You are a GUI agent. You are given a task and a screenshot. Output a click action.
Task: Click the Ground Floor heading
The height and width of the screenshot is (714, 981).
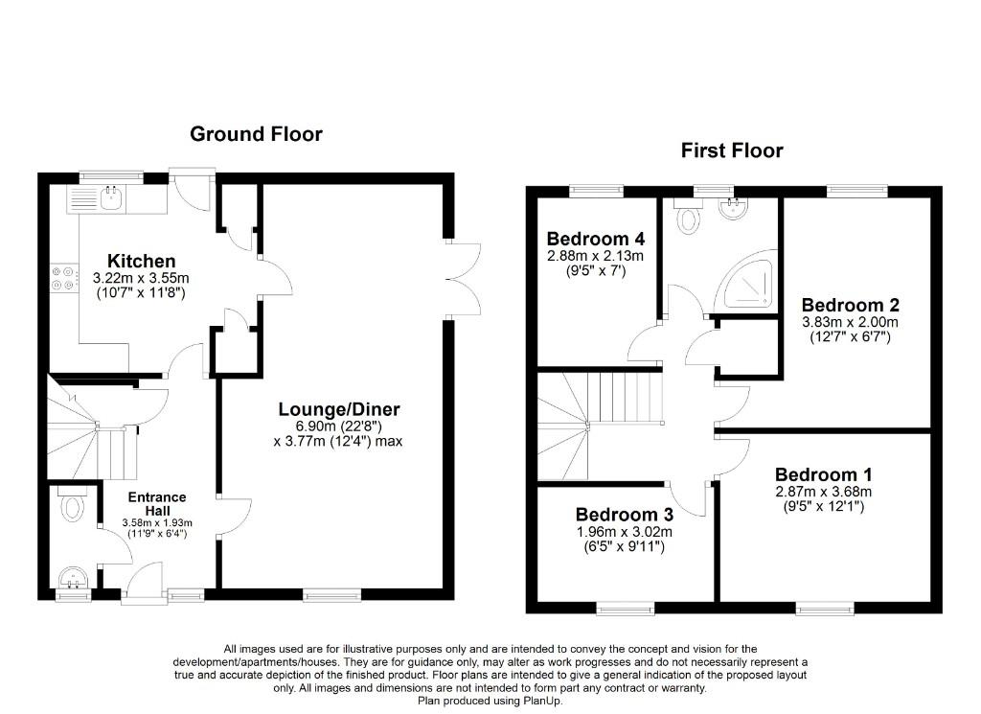[x=256, y=134]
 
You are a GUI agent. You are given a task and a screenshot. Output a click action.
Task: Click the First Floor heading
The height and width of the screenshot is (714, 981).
[x=732, y=150]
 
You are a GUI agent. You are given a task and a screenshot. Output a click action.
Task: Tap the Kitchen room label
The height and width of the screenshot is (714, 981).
[x=141, y=261]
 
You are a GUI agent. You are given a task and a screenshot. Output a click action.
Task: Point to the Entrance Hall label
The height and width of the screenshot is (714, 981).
[x=158, y=504]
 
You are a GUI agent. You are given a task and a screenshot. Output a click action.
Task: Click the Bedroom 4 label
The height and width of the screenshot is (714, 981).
[x=594, y=239]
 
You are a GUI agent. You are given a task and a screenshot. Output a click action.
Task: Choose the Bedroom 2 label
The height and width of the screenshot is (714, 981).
[x=851, y=306]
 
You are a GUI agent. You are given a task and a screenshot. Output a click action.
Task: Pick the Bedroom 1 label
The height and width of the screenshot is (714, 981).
[x=824, y=474]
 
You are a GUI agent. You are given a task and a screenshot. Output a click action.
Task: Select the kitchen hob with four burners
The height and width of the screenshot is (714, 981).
[x=64, y=277]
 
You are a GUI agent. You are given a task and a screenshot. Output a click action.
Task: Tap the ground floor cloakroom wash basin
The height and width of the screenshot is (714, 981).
[x=73, y=578]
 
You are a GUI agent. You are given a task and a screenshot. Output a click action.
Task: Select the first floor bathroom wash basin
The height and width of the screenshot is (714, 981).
[x=737, y=210]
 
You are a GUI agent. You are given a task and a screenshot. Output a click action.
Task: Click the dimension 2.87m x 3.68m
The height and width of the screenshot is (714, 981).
[x=824, y=492]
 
